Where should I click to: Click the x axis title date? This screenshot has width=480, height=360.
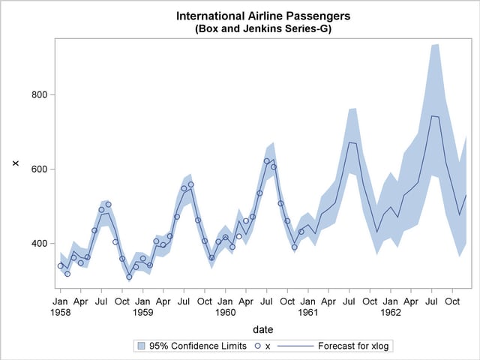263,329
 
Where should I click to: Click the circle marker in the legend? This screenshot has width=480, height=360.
256,346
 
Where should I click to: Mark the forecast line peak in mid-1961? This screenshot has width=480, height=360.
349,142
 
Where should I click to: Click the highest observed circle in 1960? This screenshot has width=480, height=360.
267,160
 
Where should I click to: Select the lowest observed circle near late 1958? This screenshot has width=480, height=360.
129,277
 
